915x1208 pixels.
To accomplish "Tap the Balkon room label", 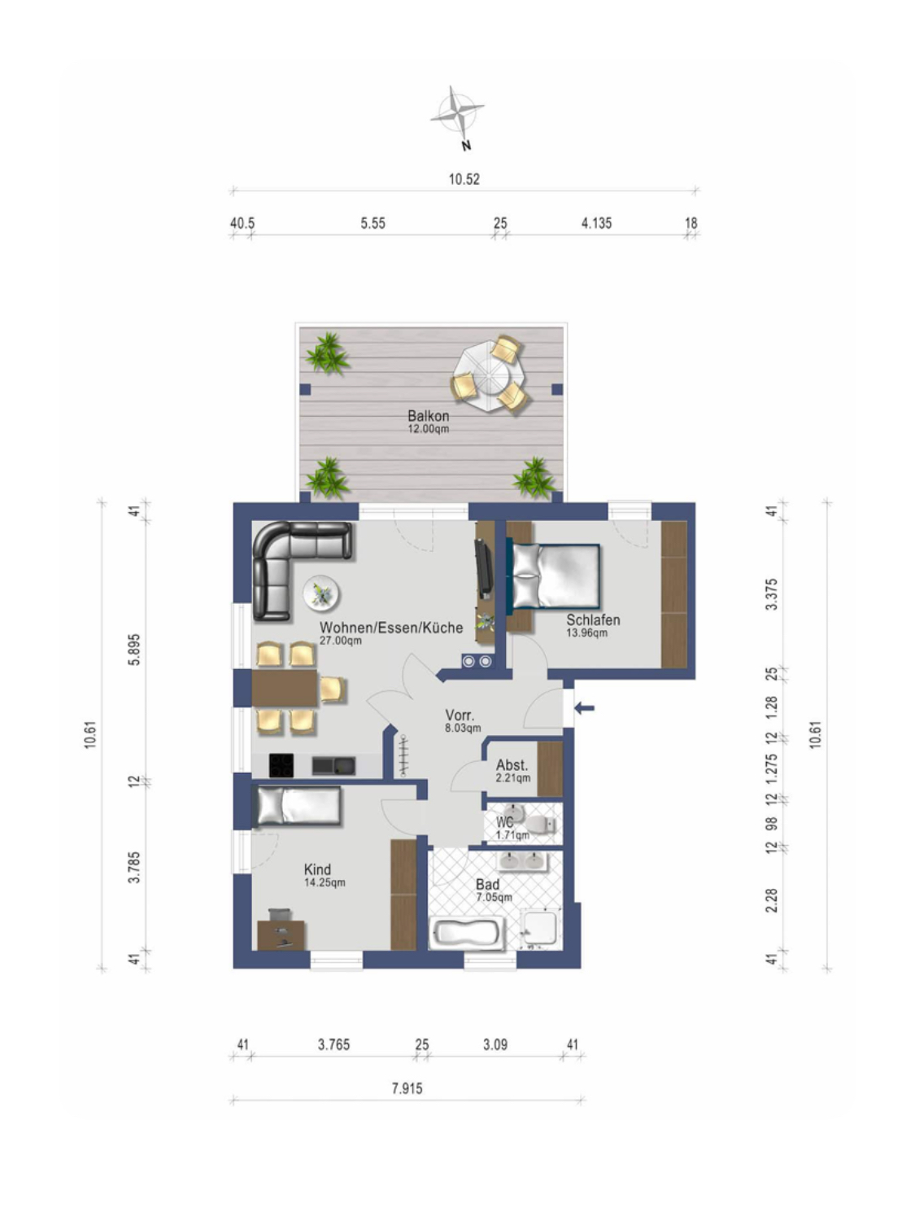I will (428, 416).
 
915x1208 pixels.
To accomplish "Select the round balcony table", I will (489, 377).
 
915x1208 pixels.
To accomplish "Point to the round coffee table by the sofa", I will (321, 594).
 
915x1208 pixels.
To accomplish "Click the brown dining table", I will (284, 689).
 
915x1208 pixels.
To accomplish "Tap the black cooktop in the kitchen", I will (281, 766).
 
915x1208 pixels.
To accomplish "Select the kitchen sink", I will (333, 766).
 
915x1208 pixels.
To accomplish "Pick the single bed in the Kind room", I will (296, 807).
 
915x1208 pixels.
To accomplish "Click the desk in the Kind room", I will (280, 934).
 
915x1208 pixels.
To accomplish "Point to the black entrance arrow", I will (584, 708).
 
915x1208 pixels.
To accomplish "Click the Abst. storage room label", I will (512, 765).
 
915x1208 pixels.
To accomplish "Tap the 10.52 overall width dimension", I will (464, 179).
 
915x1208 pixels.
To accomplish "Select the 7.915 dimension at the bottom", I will (407, 1088).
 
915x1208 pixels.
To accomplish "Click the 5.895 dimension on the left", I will (134, 650).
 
